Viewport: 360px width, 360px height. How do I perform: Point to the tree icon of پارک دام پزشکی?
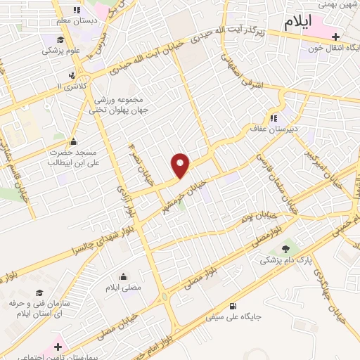pos(285,248)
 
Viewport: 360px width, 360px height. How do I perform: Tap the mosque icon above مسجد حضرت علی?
pos(74,141)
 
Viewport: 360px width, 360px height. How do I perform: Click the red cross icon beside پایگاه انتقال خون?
pos(336,37)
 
